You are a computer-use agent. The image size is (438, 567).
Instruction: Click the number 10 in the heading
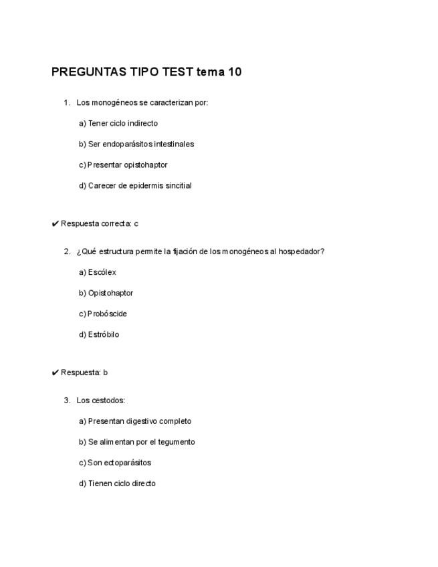(x=234, y=72)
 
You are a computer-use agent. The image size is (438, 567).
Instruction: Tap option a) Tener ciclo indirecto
(x=118, y=124)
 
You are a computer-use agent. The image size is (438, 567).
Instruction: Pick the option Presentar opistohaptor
(x=123, y=165)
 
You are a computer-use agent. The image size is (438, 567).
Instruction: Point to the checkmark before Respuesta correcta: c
(x=55, y=224)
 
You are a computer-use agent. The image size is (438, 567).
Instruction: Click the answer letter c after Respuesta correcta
(x=136, y=224)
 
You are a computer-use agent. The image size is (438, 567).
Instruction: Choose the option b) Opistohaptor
(x=106, y=294)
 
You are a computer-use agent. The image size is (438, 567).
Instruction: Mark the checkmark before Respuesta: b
(x=55, y=373)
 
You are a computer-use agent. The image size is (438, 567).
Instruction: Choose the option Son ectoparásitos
(x=115, y=463)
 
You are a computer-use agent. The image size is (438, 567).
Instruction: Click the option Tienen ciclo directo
(x=117, y=484)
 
